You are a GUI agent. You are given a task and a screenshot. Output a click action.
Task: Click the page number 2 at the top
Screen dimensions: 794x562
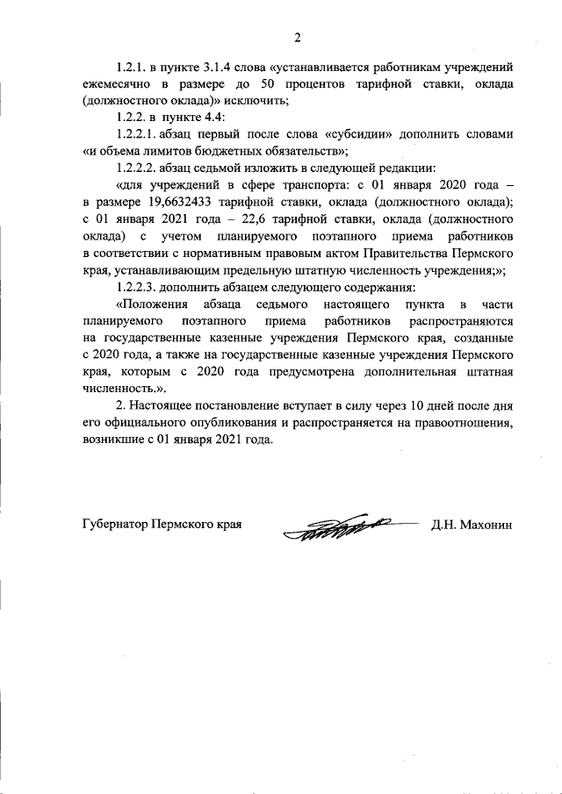pos(297,37)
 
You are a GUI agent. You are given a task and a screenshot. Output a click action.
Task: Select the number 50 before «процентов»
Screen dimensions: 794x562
pos(270,84)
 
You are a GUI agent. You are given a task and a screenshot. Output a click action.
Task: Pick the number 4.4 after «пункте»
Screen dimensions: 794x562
pos(216,118)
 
